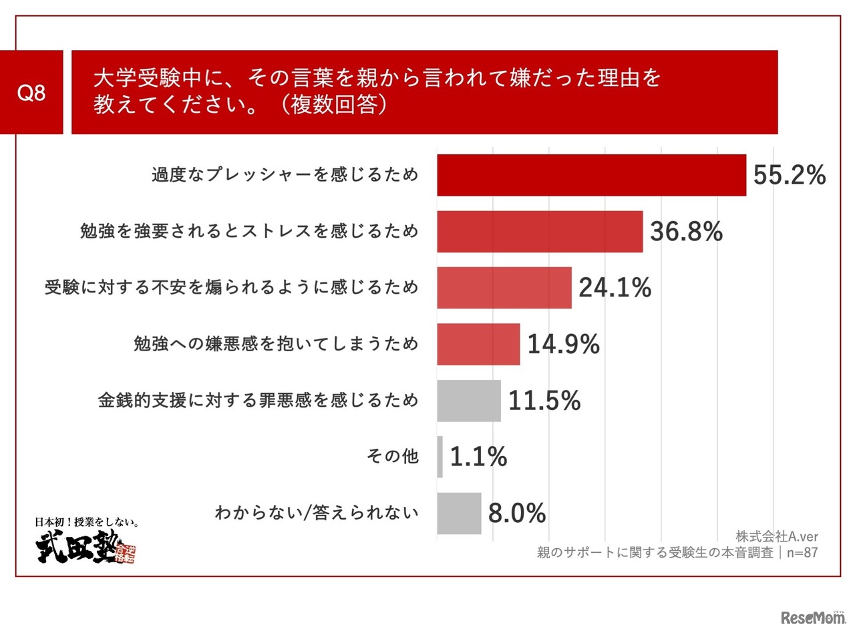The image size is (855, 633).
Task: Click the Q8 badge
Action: coord(31,92)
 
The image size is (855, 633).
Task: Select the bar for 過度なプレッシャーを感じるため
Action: coord(591,175)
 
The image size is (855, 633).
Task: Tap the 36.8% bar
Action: coord(540,232)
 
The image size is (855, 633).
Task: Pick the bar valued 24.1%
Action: coord(504,288)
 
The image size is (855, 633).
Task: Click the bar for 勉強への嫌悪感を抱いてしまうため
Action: coord(478,344)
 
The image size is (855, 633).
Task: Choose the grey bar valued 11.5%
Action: coord(469,401)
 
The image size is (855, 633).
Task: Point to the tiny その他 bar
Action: coord(440,457)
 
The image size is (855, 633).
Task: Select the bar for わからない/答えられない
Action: coord(459,513)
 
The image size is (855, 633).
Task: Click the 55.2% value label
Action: coord(790,176)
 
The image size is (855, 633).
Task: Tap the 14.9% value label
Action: coord(563,345)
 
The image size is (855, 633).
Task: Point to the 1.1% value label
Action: coord(478,457)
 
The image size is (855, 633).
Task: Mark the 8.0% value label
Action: coord(517,513)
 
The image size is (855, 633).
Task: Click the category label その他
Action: coord(393,457)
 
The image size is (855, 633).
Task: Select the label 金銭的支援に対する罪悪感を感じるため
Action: coord(258,401)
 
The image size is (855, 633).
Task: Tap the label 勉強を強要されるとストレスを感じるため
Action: coord(249,232)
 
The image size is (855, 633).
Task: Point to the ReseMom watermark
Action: coord(812,618)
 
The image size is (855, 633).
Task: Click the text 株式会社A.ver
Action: coord(777,537)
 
